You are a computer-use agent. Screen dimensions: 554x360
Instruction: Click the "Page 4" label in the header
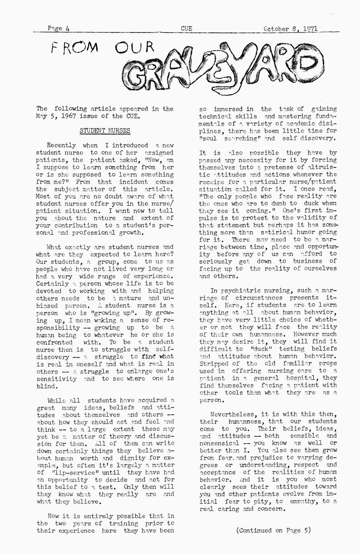point(59,29)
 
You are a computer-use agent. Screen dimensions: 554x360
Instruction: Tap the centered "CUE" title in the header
point(186,29)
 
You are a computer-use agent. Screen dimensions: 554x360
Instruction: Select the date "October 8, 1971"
point(290,29)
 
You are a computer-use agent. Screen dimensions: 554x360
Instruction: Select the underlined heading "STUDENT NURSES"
point(105,130)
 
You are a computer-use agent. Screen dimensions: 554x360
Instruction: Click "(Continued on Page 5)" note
point(274,530)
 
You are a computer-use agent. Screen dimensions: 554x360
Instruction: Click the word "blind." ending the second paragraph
point(47,386)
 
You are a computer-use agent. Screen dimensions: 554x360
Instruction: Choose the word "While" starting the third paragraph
point(56,400)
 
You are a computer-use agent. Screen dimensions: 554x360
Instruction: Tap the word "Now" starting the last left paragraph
point(53,516)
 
